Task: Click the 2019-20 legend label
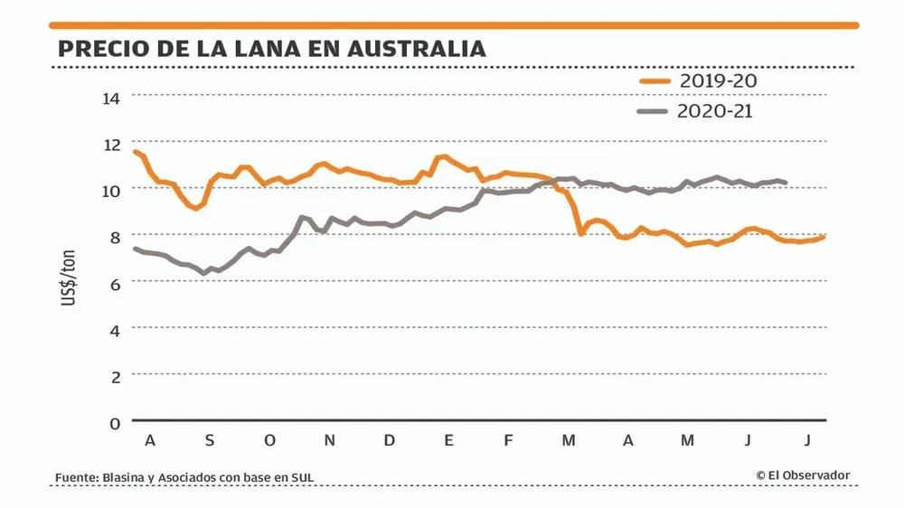click(719, 80)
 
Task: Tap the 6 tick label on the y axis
click(115, 283)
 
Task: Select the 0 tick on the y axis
click(115, 422)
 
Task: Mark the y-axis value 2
click(115, 376)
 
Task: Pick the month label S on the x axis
click(210, 440)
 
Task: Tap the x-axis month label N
click(330, 440)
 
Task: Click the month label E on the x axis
click(448, 440)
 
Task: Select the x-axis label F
click(508, 440)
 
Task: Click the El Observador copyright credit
click(803, 475)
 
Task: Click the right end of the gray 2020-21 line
click(786, 183)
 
